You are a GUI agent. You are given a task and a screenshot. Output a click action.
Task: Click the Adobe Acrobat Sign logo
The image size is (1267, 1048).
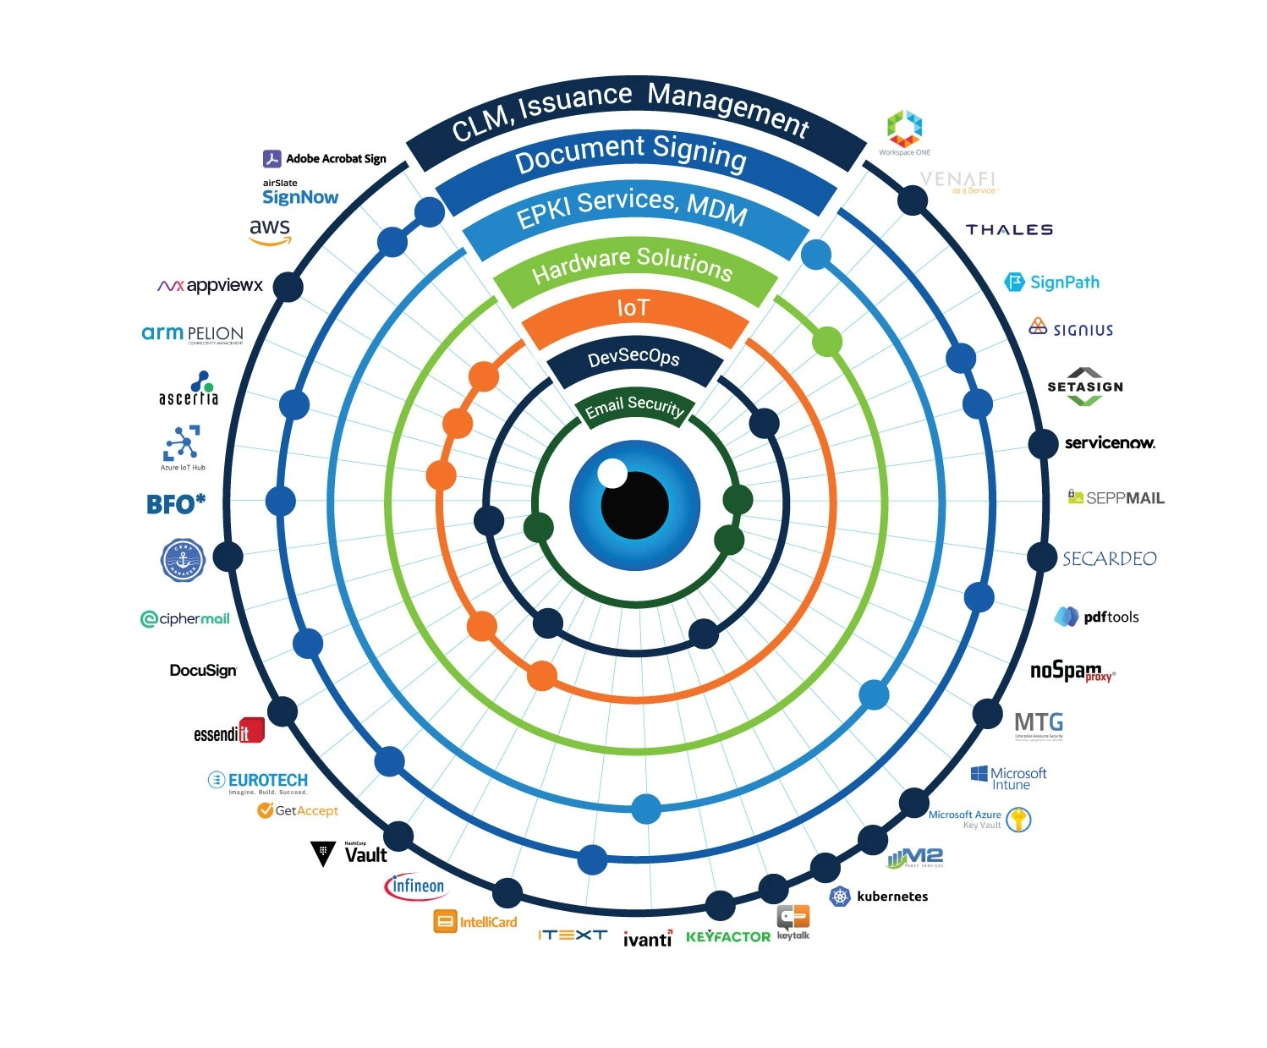point(325,158)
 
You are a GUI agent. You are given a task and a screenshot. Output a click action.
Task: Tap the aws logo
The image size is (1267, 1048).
point(270,231)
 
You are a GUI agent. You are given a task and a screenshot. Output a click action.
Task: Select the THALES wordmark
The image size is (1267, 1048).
point(1009,230)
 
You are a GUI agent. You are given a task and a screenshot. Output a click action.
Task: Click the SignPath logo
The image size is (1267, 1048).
point(1052,282)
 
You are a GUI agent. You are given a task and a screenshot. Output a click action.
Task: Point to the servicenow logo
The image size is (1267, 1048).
point(1109,442)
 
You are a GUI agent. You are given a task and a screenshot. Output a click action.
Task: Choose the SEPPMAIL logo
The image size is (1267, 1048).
point(1116,497)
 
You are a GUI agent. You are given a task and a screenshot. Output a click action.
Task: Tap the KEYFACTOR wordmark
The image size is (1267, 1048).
point(727,936)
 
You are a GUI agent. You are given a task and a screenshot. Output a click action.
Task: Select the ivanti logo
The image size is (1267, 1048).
point(647,938)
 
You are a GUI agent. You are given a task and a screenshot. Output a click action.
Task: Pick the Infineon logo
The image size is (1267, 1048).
point(414,886)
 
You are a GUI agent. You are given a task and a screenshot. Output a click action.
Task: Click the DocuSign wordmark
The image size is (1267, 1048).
point(203,671)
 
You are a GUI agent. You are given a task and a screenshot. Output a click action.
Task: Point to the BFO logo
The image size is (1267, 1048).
point(176,504)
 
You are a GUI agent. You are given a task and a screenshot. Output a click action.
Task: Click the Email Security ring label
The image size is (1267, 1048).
point(634,407)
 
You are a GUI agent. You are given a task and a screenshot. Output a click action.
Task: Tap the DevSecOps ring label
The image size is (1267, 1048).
point(634,358)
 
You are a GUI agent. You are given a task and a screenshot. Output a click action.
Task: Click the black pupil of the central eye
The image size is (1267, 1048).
point(635,506)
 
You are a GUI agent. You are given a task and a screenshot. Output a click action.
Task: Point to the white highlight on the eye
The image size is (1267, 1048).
point(612,474)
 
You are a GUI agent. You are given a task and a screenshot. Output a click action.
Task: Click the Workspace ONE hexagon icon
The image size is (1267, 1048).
point(904,129)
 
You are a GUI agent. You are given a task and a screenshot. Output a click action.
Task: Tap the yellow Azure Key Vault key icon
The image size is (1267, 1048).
point(1019,819)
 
